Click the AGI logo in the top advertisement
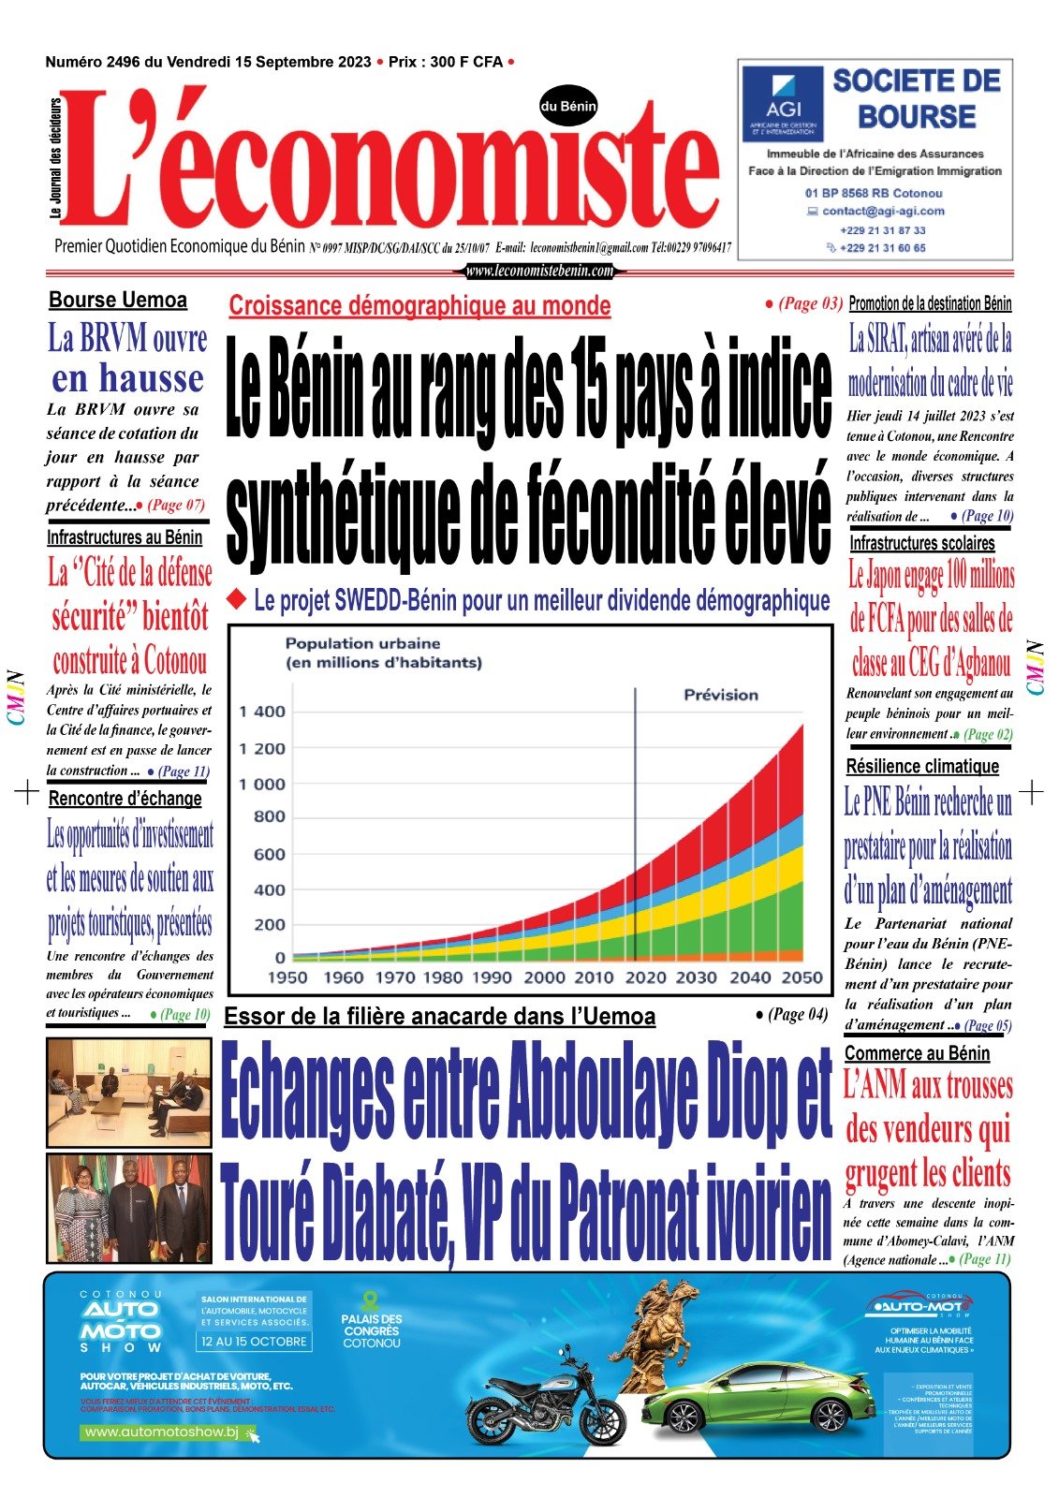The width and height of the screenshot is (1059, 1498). [x=783, y=103]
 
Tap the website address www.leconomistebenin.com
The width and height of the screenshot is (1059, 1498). [x=539, y=272]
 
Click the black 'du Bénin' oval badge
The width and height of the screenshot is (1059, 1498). [x=568, y=107]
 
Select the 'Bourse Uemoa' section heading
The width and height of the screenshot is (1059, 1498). [x=118, y=301]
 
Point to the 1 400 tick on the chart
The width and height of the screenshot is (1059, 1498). [x=262, y=712]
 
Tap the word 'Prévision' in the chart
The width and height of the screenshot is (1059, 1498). [x=721, y=695]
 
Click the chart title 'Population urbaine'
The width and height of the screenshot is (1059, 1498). [x=362, y=644]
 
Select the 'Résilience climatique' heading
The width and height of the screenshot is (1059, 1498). [x=922, y=767]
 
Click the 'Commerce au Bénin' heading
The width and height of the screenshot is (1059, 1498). [x=917, y=1053]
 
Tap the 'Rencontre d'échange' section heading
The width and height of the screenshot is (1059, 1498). [x=125, y=799]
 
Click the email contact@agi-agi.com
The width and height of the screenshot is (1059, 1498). [x=883, y=212]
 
